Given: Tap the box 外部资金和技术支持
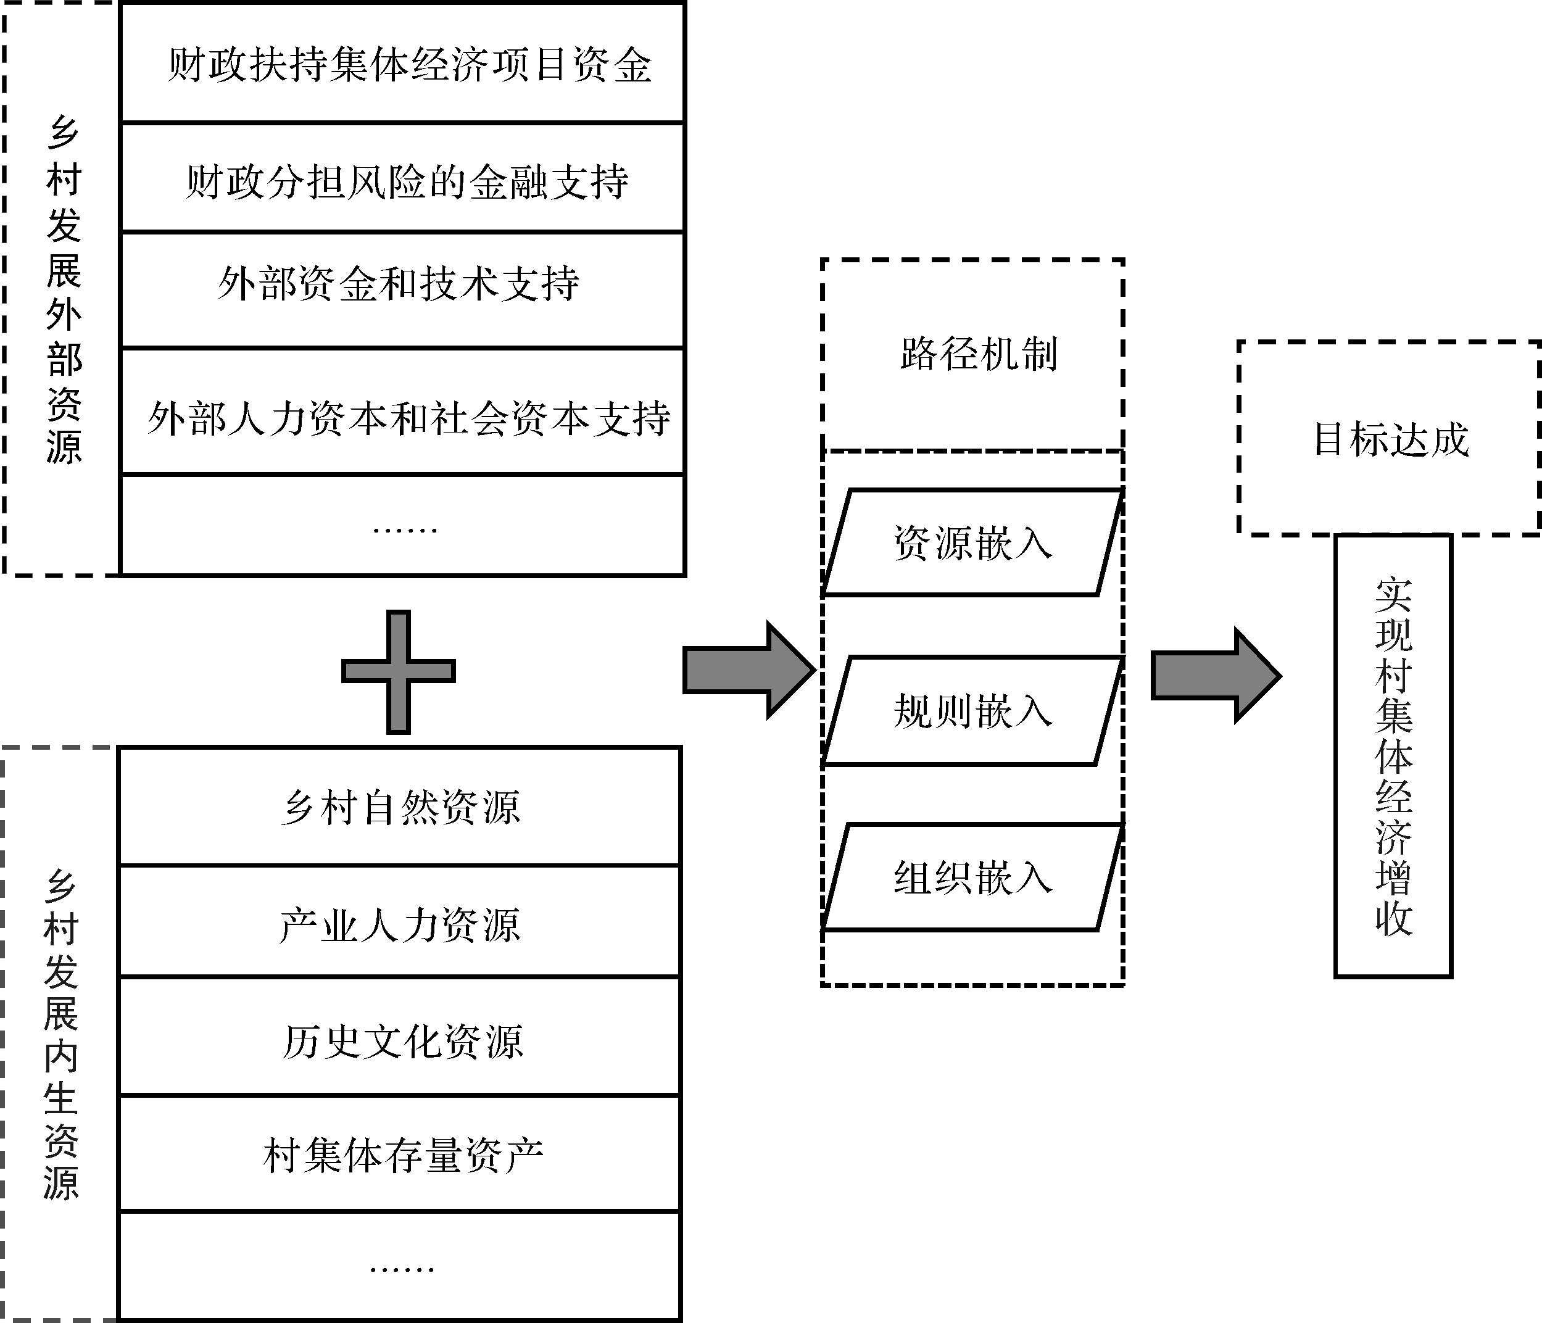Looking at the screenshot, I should [x=402, y=286].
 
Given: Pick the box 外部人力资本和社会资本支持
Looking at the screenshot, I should [x=402, y=417].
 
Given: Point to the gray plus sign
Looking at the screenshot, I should [x=399, y=671].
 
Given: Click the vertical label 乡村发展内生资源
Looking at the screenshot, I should [x=59, y=1034].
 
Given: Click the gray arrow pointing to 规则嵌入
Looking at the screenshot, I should [x=748, y=670].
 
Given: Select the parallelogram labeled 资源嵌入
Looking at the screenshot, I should [x=972, y=543].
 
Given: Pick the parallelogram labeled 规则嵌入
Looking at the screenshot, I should [x=972, y=711].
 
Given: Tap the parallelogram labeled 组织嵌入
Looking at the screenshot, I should [x=972, y=878].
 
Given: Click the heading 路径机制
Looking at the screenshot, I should [x=978, y=354].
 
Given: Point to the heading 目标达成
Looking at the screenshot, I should [x=1390, y=439].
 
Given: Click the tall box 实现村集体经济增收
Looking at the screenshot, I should [x=1393, y=755].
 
